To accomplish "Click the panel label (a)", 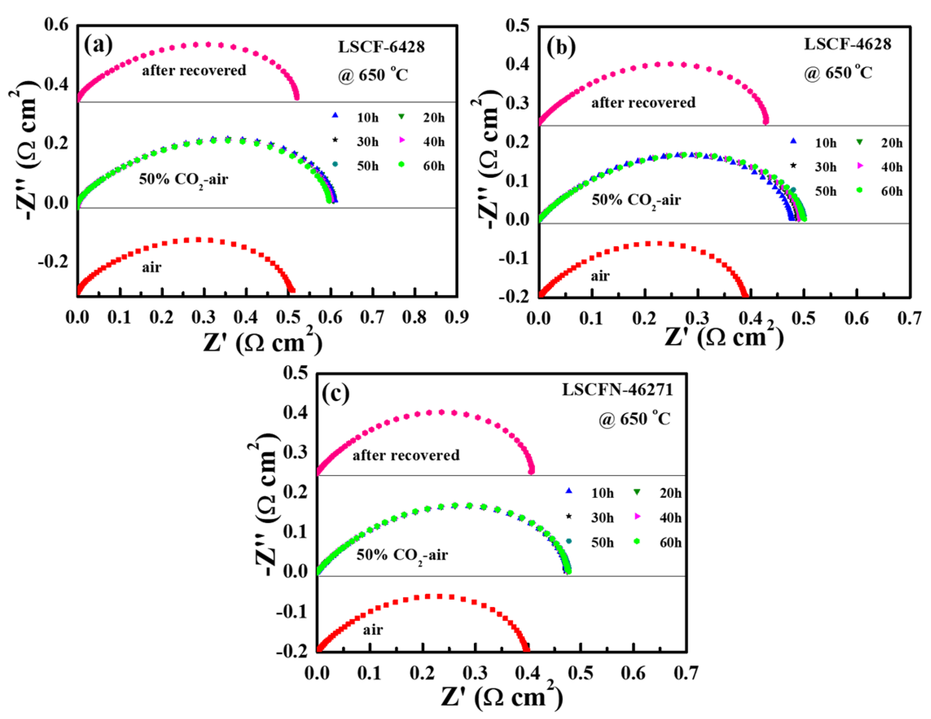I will [98, 45].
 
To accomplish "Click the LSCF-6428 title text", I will [381, 47].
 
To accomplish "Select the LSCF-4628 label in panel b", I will [847, 44].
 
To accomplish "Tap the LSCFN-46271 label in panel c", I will [617, 390].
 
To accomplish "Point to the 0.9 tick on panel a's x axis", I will [457, 318].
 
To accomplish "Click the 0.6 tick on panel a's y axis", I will [56, 25].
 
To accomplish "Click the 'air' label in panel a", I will [151, 267].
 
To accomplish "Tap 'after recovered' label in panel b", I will [643, 103].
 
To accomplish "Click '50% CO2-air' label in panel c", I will [402, 555].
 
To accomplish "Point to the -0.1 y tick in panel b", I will [514, 258].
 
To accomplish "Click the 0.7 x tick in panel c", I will [686, 673].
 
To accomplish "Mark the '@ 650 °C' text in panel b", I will [838, 73].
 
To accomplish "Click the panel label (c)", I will [335, 393].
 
